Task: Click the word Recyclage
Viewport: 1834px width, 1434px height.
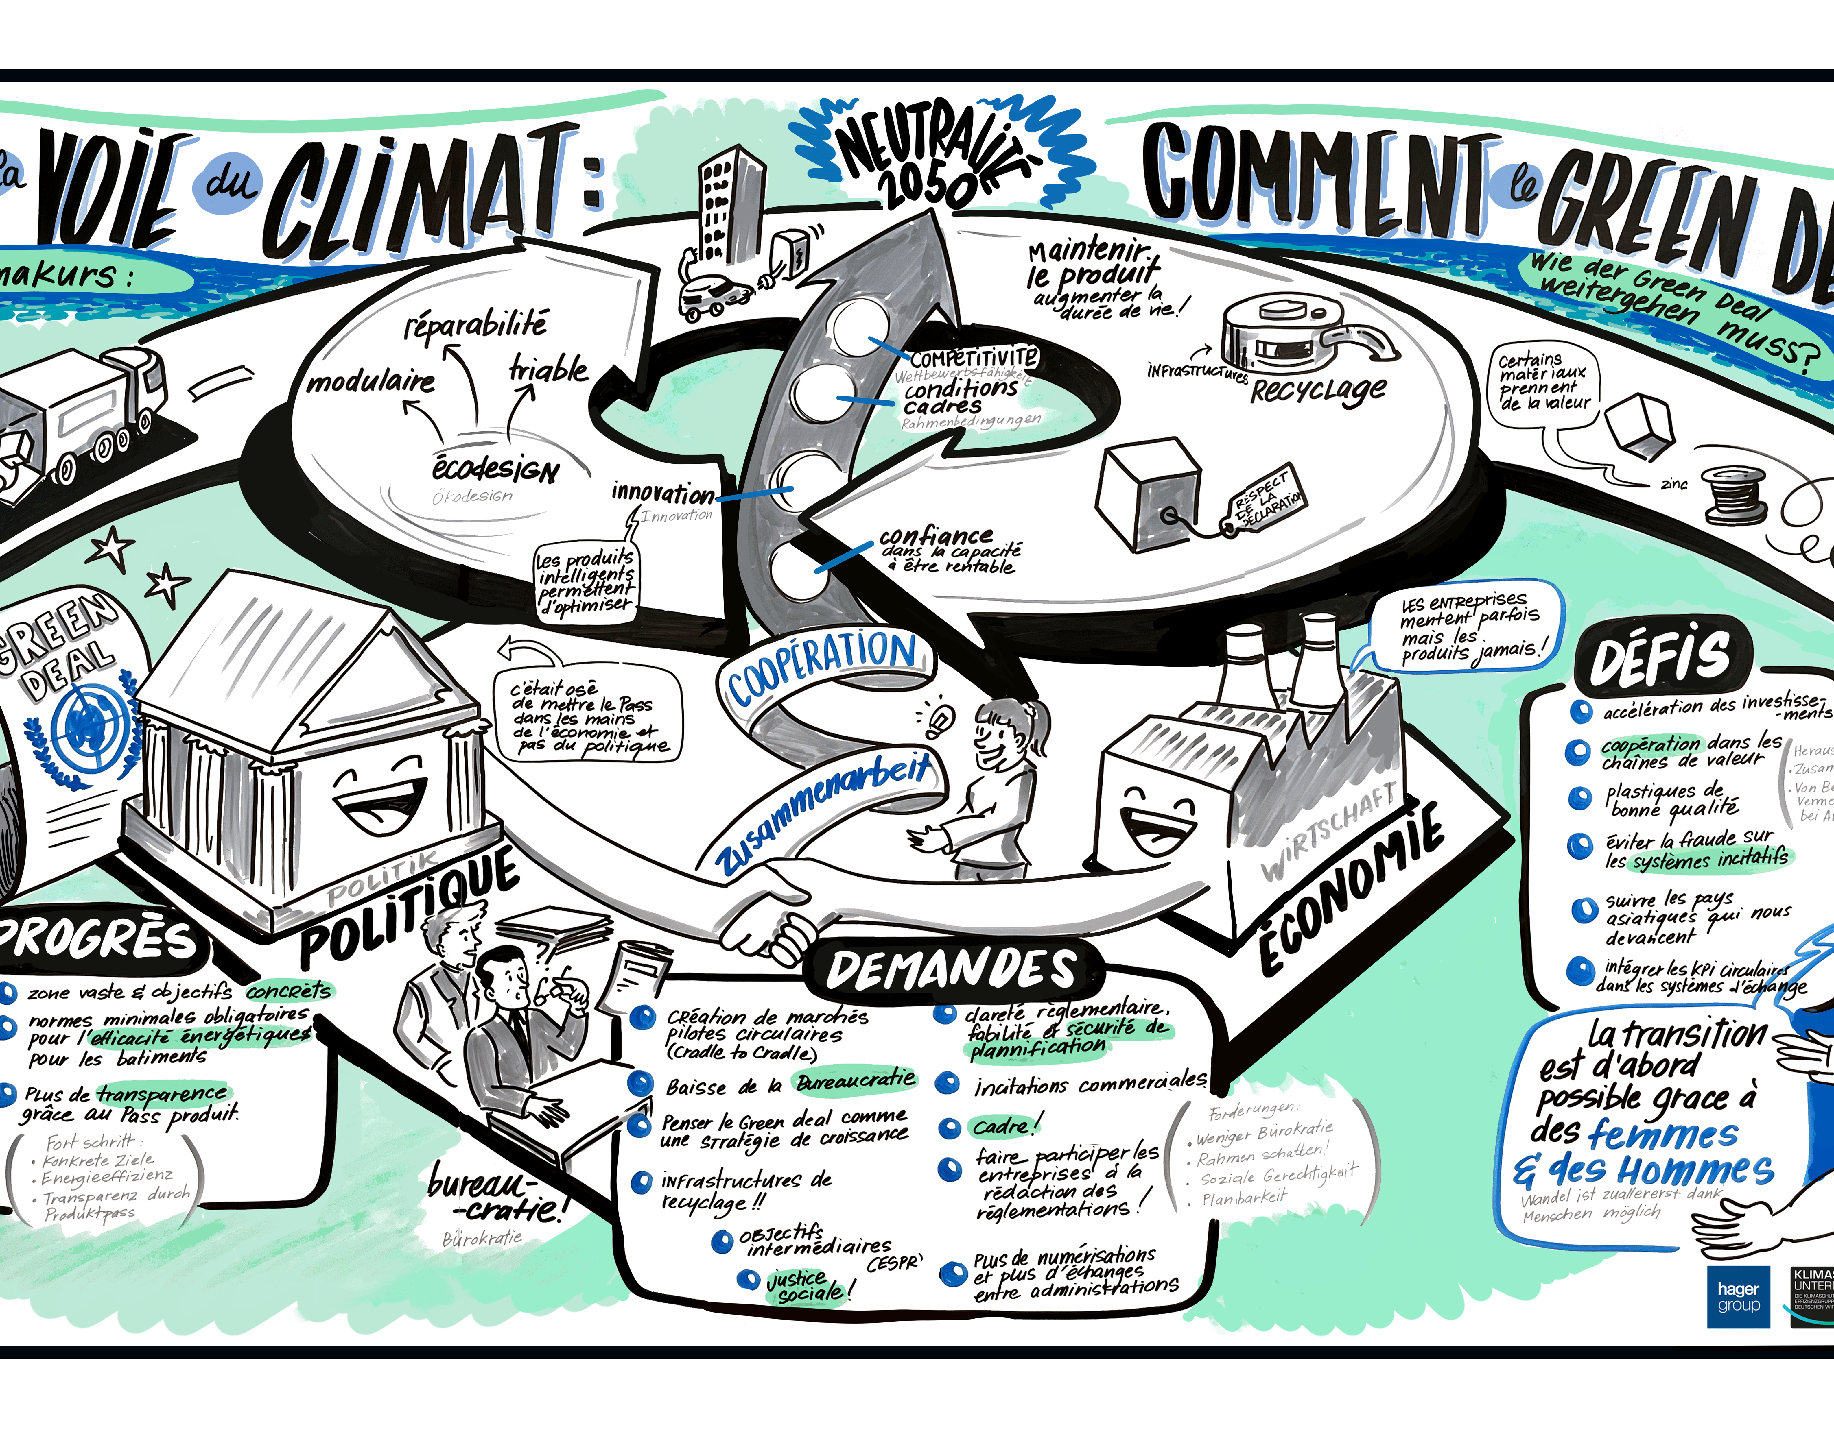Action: [1318, 390]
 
